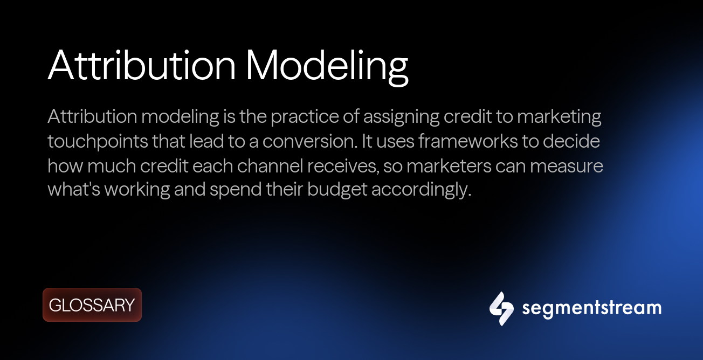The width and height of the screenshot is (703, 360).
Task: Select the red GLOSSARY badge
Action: (x=92, y=305)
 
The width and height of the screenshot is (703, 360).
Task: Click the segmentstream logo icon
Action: (x=501, y=308)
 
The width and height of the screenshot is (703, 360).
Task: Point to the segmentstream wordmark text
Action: (x=591, y=308)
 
